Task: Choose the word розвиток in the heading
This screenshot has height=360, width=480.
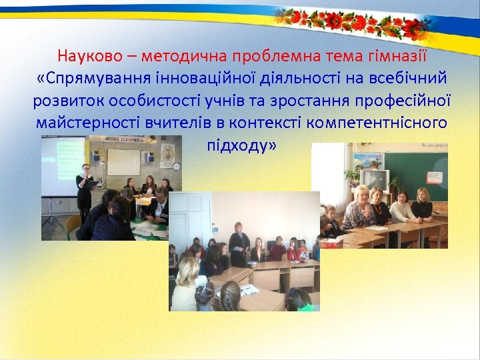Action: pyautogui.click(x=65, y=101)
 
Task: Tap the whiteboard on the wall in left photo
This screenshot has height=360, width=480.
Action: pyautogui.click(x=123, y=161)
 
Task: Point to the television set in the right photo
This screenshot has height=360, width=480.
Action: pyautogui.click(x=374, y=179)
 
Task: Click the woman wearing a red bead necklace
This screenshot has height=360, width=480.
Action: pyautogui.click(x=359, y=210)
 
